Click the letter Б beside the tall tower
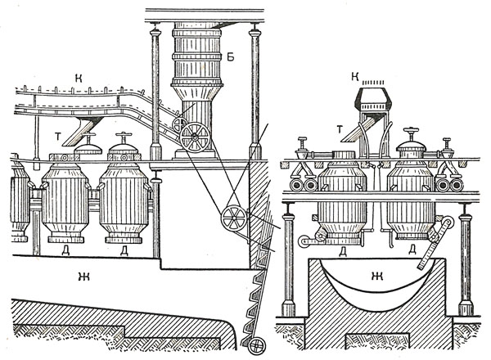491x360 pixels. pos(231,36)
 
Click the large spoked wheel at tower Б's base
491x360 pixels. pos(196,137)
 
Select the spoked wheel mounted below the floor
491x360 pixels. pos(234,218)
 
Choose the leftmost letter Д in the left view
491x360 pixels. pos(65,250)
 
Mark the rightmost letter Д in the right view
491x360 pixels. pos(413,248)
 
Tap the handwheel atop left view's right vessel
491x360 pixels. pos(124,137)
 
